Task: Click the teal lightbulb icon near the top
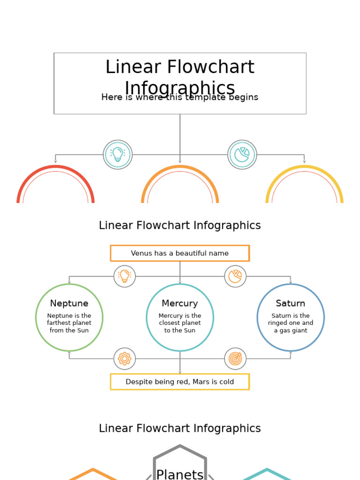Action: (x=118, y=154)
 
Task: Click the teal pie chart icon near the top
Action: (x=242, y=154)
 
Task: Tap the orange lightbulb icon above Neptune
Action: (x=125, y=276)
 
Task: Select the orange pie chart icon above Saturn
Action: (x=235, y=276)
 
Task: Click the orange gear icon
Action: (x=125, y=359)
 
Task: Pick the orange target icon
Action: (x=235, y=359)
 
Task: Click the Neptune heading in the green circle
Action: (x=69, y=303)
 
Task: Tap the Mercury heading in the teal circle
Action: (x=180, y=303)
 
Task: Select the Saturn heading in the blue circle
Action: (x=291, y=303)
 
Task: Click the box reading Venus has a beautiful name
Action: (x=180, y=253)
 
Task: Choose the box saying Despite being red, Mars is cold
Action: (x=180, y=382)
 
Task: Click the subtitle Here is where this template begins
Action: (x=180, y=97)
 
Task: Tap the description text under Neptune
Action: (x=69, y=323)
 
